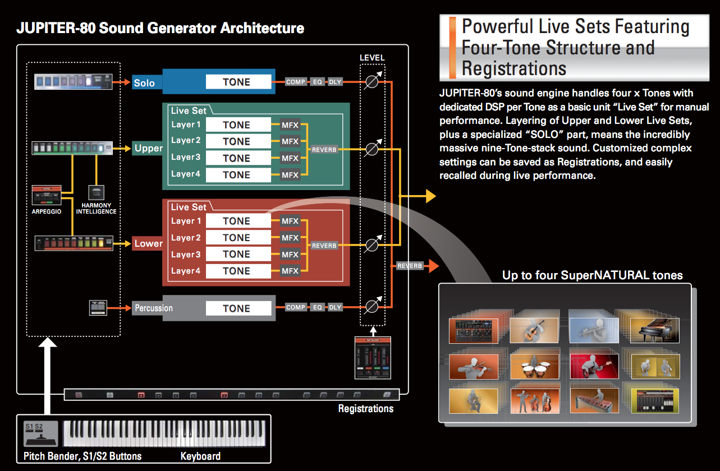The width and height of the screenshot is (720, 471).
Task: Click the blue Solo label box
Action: pyautogui.click(x=144, y=83)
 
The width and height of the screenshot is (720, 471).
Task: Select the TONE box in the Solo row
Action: pyautogui.click(x=236, y=82)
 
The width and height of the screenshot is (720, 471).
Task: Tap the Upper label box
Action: pyautogui.click(x=148, y=149)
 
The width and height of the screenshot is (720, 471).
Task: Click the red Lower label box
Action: pyautogui.click(x=148, y=243)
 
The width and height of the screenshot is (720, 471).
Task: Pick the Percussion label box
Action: pyautogui.click(x=153, y=308)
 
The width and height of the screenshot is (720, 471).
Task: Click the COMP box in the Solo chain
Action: pyautogui.click(x=296, y=82)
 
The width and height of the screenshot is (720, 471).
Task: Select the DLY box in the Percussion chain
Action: pyautogui.click(x=335, y=307)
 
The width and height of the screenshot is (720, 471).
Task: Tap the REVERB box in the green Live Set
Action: pyautogui.click(x=323, y=150)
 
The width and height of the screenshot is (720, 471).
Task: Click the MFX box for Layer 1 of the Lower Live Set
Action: pyautogui.click(x=290, y=221)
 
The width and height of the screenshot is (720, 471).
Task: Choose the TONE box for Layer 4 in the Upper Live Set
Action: pyautogui.click(x=236, y=175)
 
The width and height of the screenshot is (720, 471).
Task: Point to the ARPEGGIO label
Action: pyautogui.click(x=47, y=212)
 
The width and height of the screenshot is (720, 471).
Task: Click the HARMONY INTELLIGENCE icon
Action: pyautogui.click(x=97, y=192)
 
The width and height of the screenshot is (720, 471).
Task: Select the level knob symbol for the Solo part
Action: pyautogui.click(x=372, y=82)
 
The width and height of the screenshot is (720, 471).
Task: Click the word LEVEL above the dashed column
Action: pyautogui.click(x=372, y=58)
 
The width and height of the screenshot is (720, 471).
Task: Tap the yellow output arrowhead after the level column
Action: pyautogui.click(x=430, y=196)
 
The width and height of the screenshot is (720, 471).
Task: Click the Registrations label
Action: pyautogui.click(x=365, y=408)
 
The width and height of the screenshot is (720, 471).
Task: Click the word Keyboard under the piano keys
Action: pyautogui.click(x=200, y=456)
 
